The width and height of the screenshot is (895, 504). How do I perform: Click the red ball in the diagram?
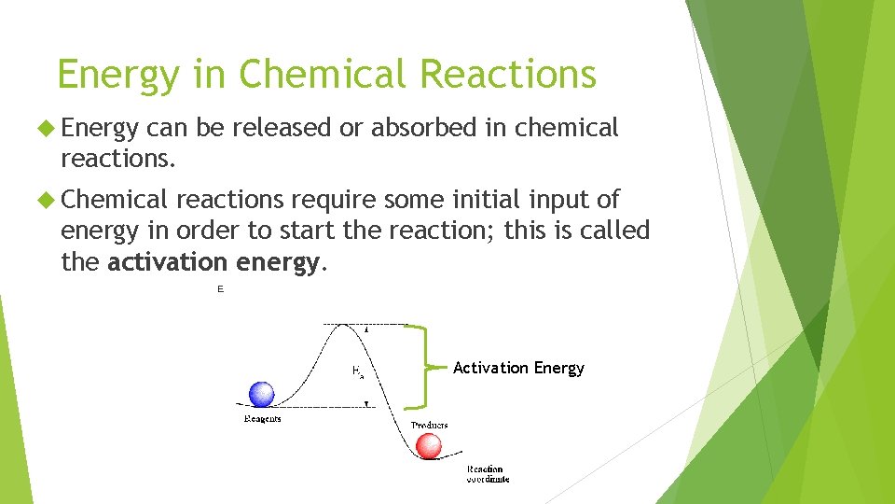[x=428, y=446]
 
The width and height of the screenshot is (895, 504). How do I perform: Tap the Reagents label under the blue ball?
[x=262, y=419]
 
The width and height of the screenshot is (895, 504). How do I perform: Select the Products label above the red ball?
[x=429, y=426]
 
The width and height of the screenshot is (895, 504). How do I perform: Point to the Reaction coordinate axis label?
[x=488, y=474]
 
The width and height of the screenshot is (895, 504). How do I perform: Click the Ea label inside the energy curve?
[x=357, y=371]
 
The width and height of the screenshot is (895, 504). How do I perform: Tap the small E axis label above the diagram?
[x=221, y=290]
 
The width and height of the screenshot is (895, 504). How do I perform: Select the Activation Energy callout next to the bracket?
[x=518, y=368]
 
